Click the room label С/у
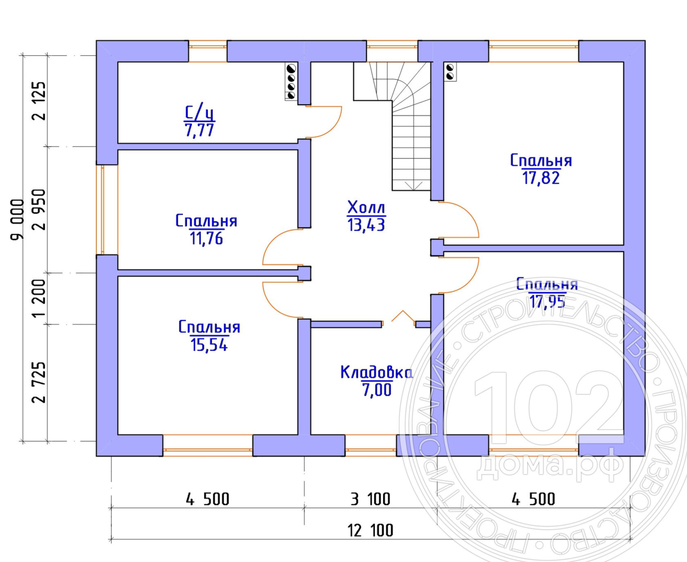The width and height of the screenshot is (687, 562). (x=200, y=112)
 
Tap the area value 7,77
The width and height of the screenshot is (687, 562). (x=199, y=130)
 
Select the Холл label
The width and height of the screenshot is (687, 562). (x=366, y=208)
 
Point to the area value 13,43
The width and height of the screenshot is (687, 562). (x=366, y=225)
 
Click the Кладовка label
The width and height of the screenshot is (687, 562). (x=377, y=372)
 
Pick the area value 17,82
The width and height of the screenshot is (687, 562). (x=541, y=178)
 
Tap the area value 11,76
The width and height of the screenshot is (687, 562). (x=206, y=238)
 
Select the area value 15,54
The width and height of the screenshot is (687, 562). (x=209, y=345)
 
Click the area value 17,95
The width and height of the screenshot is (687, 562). (x=547, y=302)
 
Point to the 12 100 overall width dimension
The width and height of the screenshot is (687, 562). (x=371, y=530)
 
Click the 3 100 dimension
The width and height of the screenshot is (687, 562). (x=371, y=499)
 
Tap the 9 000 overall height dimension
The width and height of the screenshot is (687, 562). (x=17, y=220)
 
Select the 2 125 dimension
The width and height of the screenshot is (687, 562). (x=39, y=101)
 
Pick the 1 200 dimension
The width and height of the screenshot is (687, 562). (x=39, y=298)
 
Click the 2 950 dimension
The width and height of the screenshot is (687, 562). (x=39, y=210)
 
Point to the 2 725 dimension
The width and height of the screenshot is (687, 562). (x=39, y=382)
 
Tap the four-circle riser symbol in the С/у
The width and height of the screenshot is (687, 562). (x=291, y=82)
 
